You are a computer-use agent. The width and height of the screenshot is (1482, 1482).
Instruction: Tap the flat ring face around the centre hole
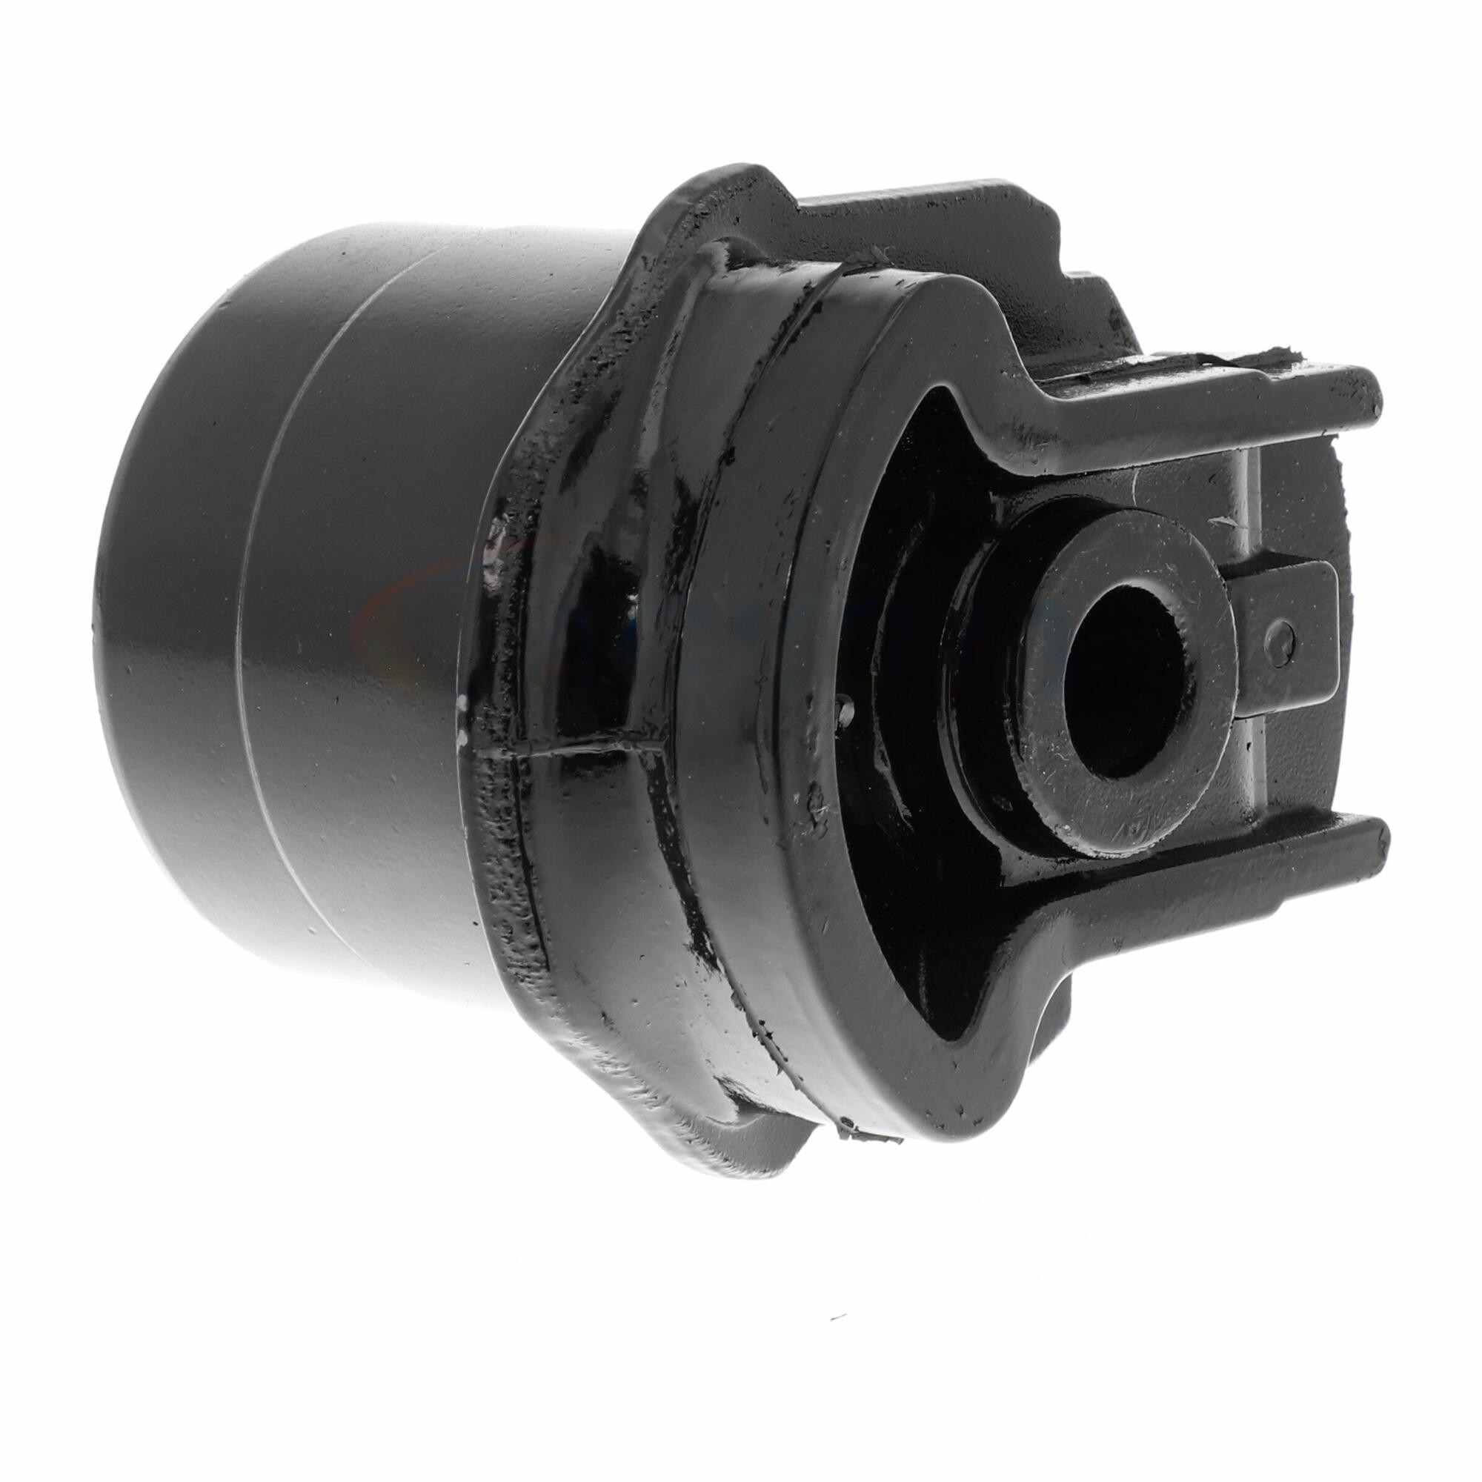click(1074, 737)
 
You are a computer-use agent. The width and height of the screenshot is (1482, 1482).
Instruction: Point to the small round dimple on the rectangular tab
click(1280, 615)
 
